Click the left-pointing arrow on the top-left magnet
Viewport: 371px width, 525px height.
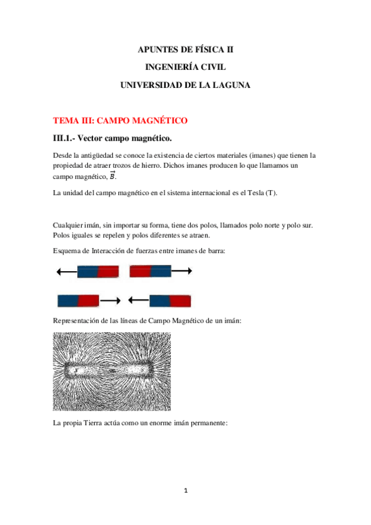click(x=66, y=271)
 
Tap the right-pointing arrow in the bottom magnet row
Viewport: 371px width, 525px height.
click(x=110, y=301)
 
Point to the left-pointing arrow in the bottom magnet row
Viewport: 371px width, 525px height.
click(x=138, y=301)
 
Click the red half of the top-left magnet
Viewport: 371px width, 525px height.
click(x=108, y=271)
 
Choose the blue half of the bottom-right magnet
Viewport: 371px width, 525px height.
click(x=160, y=301)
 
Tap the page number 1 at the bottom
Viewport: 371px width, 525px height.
click(x=185, y=491)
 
